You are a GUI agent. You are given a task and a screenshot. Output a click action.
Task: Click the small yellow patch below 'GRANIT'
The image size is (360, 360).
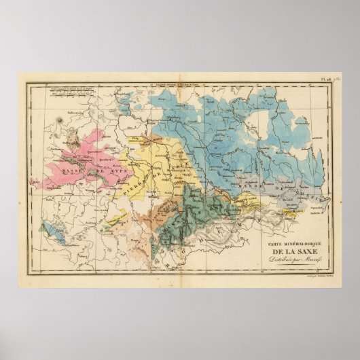[x=298, y=211]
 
